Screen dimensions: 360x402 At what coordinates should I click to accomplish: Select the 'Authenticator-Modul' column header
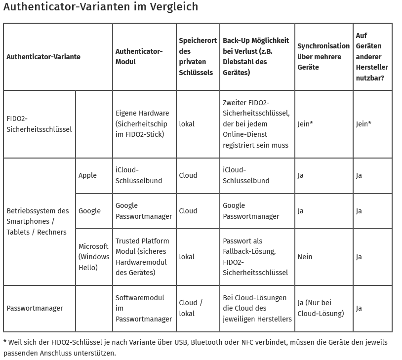tap(139, 56)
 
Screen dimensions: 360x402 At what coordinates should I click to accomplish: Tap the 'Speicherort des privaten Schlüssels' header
tap(198, 56)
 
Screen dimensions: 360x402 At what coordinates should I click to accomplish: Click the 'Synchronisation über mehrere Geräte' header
tap(323, 56)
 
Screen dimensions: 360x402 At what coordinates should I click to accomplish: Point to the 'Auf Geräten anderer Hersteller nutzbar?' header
tap(372, 56)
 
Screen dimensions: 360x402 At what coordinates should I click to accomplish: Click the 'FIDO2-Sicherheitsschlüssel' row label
tap(39, 124)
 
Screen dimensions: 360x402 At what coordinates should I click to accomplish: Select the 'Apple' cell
tap(88, 175)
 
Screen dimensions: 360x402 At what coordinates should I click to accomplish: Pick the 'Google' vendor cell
tap(89, 211)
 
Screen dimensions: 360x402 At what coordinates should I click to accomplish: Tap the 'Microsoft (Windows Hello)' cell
tap(94, 257)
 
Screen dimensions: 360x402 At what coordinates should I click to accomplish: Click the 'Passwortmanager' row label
tap(35, 308)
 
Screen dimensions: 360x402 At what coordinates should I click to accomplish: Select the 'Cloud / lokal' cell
tap(191, 308)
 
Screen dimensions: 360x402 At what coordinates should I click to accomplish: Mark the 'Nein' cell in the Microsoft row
tap(305, 257)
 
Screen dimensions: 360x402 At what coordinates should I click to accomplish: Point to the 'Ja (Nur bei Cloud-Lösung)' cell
tap(321, 308)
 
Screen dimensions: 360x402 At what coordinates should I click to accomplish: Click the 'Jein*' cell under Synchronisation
tap(305, 124)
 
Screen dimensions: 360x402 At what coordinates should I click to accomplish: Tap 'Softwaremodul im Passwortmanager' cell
tap(144, 308)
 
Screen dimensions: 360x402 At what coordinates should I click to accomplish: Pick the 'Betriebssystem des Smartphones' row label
tap(38, 221)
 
